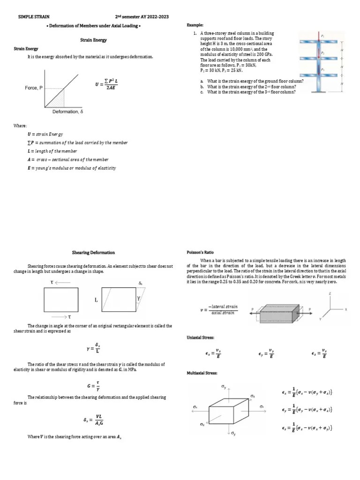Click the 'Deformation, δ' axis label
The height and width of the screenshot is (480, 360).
(x=67, y=112)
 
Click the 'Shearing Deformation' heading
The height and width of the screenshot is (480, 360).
(x=93, y=253)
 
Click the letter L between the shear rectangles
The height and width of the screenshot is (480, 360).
(x=96, y=300)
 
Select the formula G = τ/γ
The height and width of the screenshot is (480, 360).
(x=94, y=386)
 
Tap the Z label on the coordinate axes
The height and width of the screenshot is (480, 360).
(x=330, y=293)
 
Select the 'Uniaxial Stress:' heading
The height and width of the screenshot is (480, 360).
(x=201, y=337)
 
